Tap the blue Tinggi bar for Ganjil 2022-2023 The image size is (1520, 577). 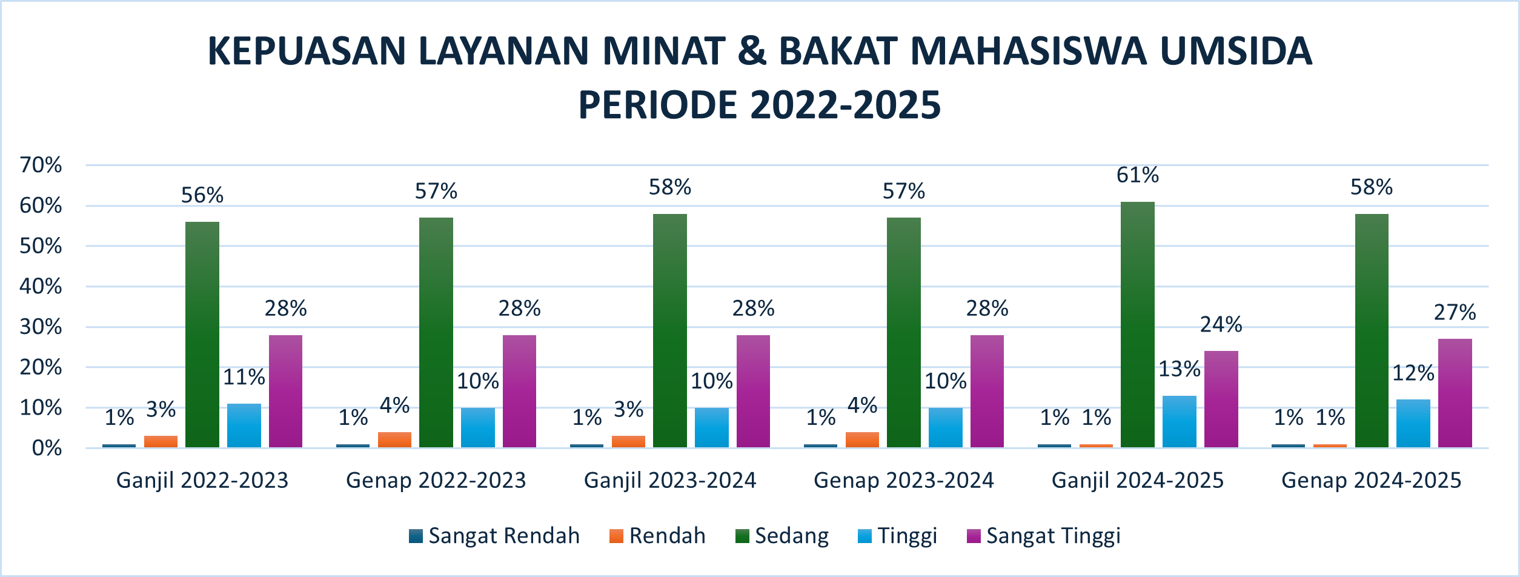point(244,425)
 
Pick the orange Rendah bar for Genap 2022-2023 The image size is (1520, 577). point(394,439)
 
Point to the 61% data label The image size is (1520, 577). point(1137,175)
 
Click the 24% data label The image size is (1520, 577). point(1221,325)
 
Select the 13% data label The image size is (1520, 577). point(1179,369)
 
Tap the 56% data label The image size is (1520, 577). point(202,195)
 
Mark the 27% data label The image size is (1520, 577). point(1455,312)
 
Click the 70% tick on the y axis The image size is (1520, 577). point(41,165)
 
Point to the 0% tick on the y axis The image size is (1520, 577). point(47,449)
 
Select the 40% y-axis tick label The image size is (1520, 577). point(41,286)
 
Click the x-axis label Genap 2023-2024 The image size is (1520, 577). point(903,481)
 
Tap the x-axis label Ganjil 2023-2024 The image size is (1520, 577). point(669,481)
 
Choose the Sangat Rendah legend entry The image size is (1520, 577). point(495,536)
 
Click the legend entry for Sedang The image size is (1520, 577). point(782,536)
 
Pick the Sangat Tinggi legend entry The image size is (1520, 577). point(1044,536)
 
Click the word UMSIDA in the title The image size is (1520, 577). point(1236,51)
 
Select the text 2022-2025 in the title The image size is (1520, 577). point(845,105)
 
